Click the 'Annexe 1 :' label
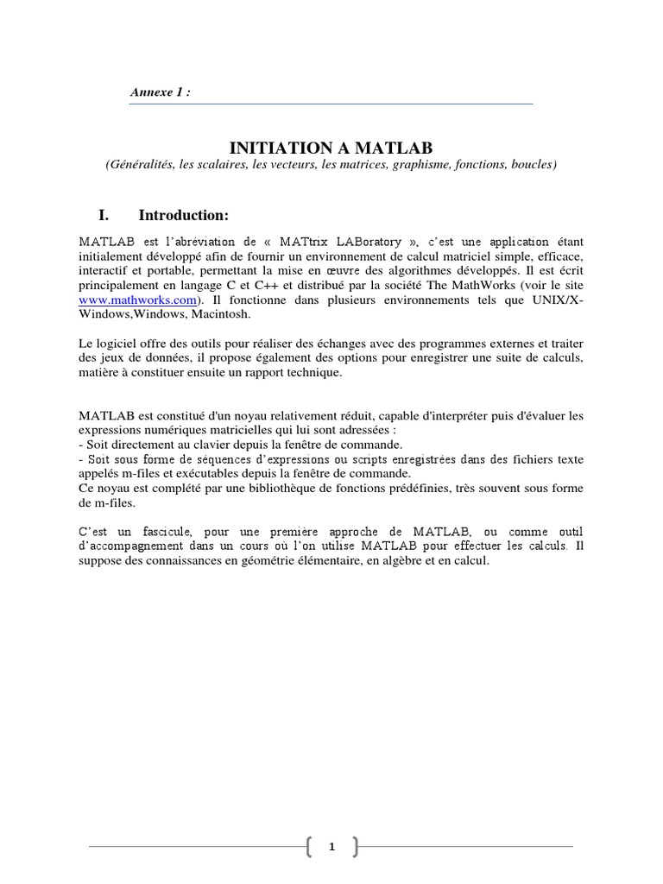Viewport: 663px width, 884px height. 160,93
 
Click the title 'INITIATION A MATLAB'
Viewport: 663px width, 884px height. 331,148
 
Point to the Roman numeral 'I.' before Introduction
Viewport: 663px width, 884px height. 110,214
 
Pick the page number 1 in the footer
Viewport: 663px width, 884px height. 331,849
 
